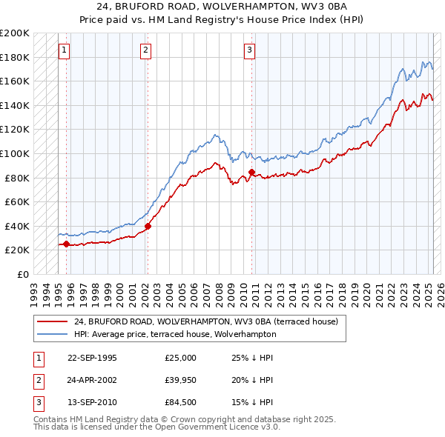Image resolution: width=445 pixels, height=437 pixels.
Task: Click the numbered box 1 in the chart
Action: tap(64, 50)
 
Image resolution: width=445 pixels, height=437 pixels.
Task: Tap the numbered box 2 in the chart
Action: tap(145, 50)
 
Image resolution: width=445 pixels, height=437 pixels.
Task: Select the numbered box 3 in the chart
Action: tap(250, 50)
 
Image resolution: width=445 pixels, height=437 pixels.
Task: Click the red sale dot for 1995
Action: tap(66, 244)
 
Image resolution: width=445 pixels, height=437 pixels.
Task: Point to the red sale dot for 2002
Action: tap(148, 226)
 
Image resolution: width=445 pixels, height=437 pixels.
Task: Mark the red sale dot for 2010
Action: tap(251, 172)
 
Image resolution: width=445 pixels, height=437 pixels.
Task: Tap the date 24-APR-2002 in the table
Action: tap(92, 380)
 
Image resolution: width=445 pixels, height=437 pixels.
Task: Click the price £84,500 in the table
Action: tap(181, 402)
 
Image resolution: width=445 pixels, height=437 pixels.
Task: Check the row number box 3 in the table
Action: tap(37, 402)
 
